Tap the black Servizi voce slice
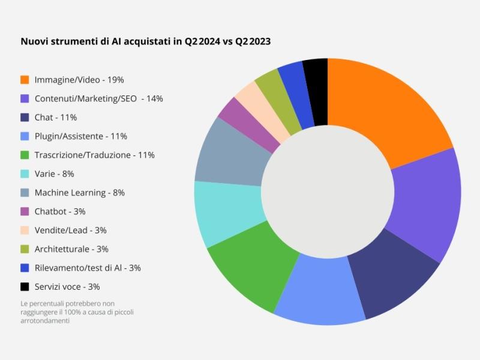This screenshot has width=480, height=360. tap(316, 90)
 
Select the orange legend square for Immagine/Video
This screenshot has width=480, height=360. tap(25, 79)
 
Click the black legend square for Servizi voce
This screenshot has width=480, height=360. tap(25, 287)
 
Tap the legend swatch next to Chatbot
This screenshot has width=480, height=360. tap(25, 211)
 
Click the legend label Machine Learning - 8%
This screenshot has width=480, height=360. tap(79, 193)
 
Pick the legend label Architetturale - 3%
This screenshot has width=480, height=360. tap(71, 249)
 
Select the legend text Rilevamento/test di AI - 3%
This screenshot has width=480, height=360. tap(88, 268)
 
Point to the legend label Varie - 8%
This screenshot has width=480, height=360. tap(54, 173)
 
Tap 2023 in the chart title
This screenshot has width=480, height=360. tap(260, 41)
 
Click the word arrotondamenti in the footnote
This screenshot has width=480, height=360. tap(44, 320)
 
